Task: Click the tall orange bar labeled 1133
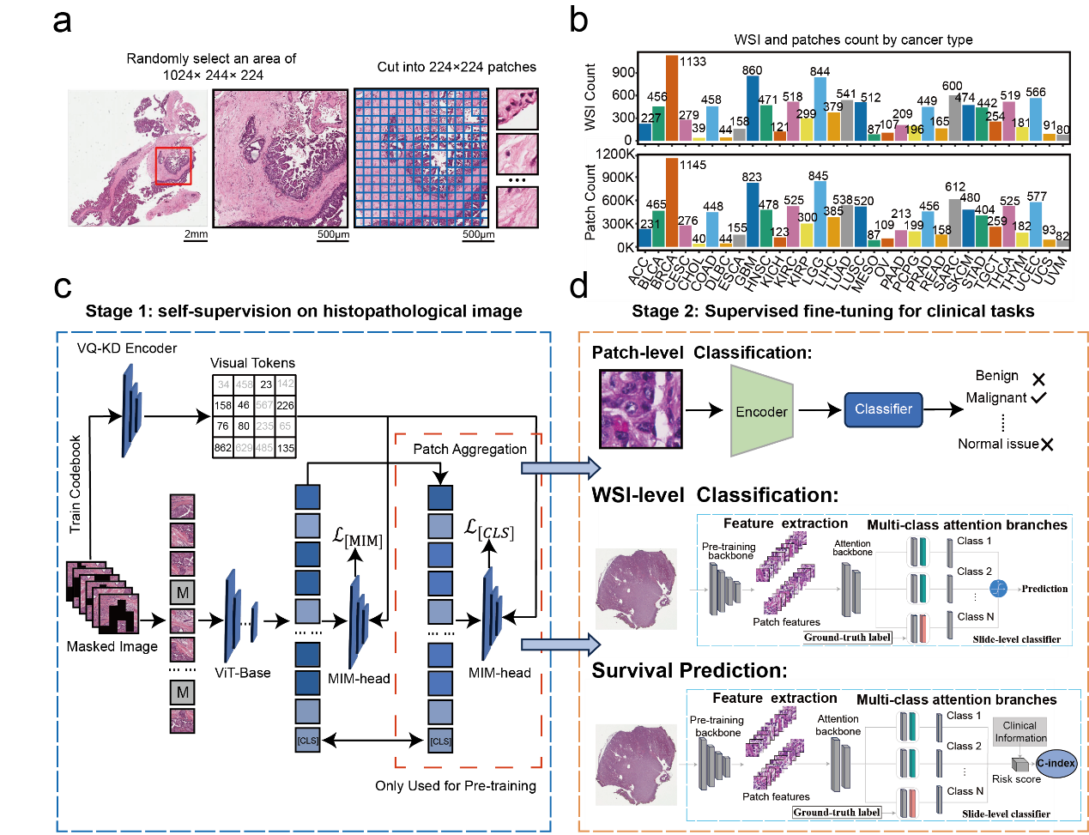tap(672, 97)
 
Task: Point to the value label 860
tap(752, 70)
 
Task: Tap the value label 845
tap(818, 176)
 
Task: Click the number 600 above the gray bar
tap(952, 86)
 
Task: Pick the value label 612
tap(955, 186)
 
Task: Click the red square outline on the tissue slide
tap(173, 166)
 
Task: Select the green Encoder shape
tap(761, 411)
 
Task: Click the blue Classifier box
tap(883, 409)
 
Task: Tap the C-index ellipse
tap(1056, 763)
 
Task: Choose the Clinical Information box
tap(1019, 731)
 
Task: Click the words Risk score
tap(1016, 779)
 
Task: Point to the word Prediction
tap(1044, 589)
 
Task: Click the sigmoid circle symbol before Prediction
tap(998, 589)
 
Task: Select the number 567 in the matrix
tap(264, 405)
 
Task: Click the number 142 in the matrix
tap(285, 384)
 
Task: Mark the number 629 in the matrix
tap(244, 448)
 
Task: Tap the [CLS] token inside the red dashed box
tap(440, 741)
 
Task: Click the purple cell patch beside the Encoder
tap(641, 409)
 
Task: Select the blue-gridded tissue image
tap(421, 158)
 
